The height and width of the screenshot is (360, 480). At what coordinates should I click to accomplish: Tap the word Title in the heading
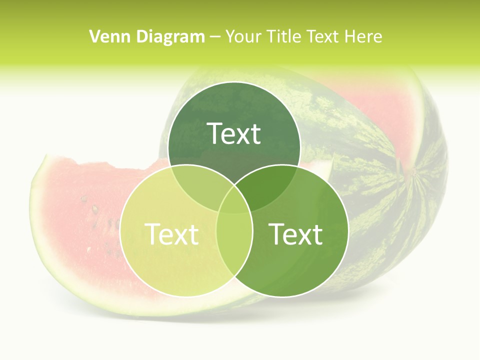(x=283, y=36)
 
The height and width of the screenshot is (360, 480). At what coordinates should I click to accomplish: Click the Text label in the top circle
(x=234, y=133)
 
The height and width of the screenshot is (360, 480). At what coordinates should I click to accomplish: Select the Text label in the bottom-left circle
(x=171, y=233)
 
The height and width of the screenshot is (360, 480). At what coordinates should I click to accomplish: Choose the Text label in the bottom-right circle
(x=296, y=233)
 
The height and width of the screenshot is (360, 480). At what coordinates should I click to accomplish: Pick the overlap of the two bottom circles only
(x=234, y=250)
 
